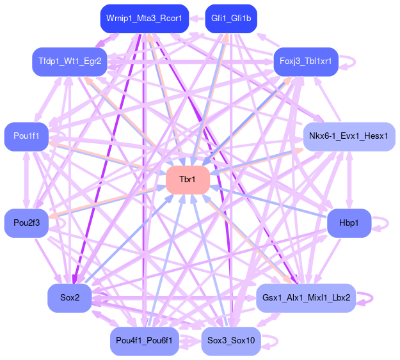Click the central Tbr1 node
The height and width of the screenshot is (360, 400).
click(x=188, y=180)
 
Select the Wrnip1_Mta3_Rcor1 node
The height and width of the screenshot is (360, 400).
click(x=144, y=19)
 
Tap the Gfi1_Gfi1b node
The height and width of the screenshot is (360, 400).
click(x=230, y=19)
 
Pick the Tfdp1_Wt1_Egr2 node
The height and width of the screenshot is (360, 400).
click(x=69, y=61)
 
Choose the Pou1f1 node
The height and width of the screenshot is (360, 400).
click(x=26, y=136)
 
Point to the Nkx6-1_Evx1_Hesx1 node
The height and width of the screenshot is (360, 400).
click(x=349, y=136)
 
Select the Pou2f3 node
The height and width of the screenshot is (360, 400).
click(x=26, y=223)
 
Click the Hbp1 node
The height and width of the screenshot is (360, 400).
click(x=349, y=223)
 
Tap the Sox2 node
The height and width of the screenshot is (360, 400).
click(x=69, y=297)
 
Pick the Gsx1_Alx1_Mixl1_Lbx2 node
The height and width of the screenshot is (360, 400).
click(x=306, y=297)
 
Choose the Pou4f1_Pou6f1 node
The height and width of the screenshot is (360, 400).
click(x=144, y=340)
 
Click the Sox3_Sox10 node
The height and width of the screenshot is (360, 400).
click(x=230, y=340)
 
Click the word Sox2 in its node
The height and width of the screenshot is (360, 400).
click(x=69, y=297)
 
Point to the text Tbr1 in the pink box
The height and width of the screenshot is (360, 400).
click(x=188, y=180)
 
